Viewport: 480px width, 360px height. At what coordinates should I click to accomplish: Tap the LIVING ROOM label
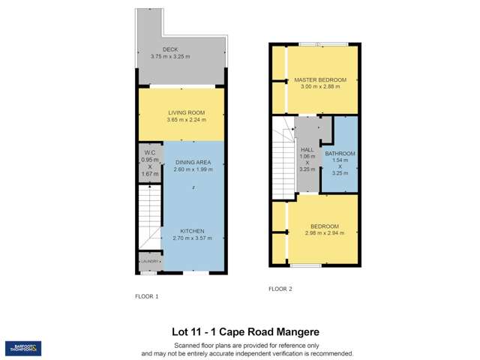185,112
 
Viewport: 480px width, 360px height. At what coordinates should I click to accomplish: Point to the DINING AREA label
193,162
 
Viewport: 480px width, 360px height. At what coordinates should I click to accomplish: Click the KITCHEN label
193,231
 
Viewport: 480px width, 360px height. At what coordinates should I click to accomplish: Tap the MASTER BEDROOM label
320,79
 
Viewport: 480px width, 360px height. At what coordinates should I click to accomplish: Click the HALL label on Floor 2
307,149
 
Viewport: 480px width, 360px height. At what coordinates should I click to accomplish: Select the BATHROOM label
340,154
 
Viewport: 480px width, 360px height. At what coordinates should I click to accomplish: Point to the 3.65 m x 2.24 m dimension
186,120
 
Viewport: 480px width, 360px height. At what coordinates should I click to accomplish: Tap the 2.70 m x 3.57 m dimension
193,238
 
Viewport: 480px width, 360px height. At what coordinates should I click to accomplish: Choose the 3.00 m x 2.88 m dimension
320,87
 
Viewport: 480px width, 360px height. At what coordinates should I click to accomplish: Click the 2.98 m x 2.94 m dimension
324,233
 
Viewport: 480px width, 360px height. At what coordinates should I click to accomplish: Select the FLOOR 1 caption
147,296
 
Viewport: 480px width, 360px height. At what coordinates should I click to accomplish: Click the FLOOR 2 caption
280,289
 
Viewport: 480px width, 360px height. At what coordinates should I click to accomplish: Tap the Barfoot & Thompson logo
23,348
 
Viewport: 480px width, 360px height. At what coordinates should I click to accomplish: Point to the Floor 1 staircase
150,217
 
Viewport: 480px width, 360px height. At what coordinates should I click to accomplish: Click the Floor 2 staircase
283,161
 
